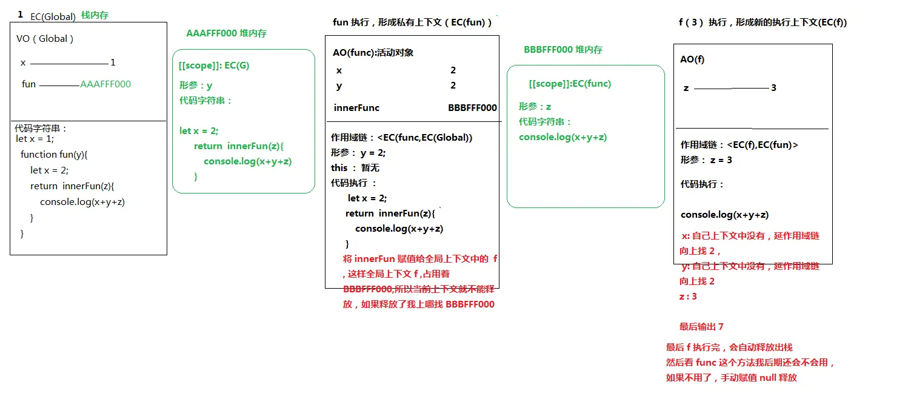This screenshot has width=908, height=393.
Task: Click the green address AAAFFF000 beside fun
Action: click(105, 84)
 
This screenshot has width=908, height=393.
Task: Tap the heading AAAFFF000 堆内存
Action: click(226, 33)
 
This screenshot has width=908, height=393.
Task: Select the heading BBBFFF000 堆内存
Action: click(563, 50)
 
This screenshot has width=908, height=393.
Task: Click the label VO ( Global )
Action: click(45, 39)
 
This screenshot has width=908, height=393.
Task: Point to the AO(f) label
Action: click(692, 59)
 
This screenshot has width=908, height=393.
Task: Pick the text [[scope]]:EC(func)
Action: click(570, 84)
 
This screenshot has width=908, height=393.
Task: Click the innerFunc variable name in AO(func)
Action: click(356, 108)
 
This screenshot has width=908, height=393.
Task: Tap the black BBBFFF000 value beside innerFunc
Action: click(472, 108)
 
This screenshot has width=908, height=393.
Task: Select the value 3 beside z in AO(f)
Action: click(773, 88)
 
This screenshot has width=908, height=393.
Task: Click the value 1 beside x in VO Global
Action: click(113, 62)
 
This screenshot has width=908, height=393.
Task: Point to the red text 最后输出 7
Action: click(701, 327)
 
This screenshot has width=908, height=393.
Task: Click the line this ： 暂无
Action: click(355, 168)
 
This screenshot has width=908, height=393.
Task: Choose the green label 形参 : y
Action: click(196, 86)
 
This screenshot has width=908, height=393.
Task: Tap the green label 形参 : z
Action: click(535, 107)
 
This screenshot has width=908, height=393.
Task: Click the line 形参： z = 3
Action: click(706, 160)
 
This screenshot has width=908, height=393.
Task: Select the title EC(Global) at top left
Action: click(53, 16)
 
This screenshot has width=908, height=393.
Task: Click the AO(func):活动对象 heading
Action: click(373, 53)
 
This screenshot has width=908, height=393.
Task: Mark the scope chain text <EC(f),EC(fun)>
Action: click(763, 145)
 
